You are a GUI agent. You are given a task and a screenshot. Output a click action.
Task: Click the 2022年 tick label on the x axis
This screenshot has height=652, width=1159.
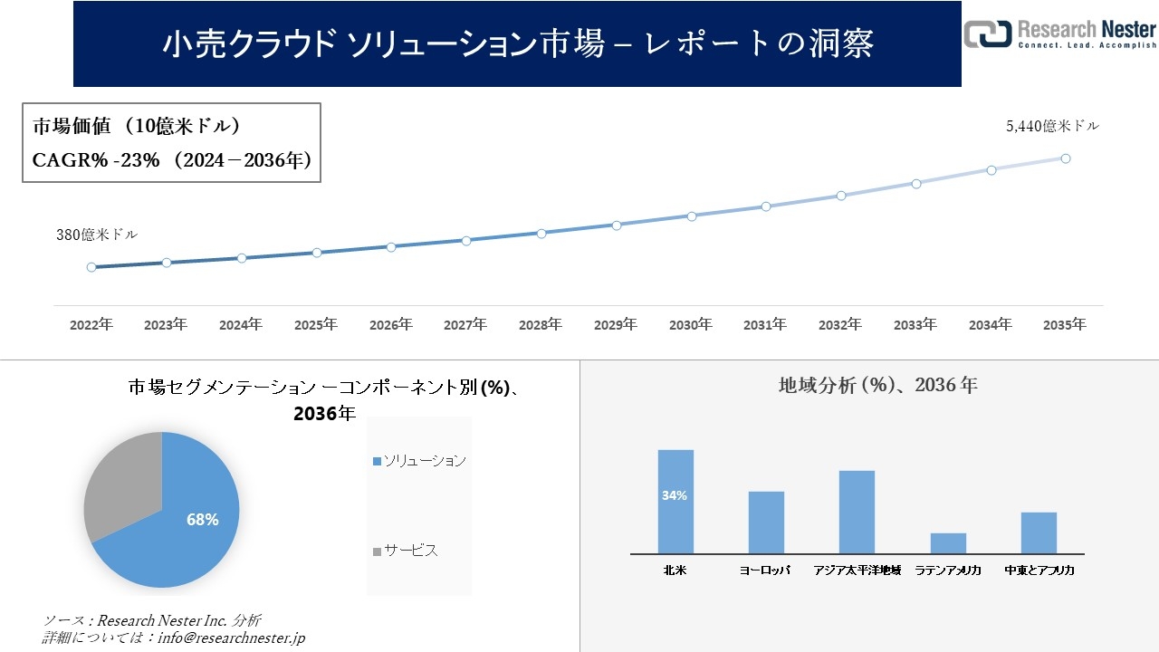coord(91,324)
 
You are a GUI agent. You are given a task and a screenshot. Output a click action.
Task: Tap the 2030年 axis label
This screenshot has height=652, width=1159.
coord(691,324)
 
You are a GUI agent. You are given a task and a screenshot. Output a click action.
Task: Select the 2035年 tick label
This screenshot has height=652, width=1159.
coord(1065,324)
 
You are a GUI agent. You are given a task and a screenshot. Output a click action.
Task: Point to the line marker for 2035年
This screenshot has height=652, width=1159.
coord(1066,158)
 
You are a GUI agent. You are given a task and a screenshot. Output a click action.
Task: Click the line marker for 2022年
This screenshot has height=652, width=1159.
coord(91,267)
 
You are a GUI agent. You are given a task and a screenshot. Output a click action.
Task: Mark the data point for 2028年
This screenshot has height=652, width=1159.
coord(541,233)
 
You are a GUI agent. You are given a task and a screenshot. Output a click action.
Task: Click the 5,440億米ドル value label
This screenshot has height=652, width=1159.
coord(1052,127)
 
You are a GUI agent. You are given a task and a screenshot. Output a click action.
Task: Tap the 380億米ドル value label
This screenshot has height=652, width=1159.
coord(97,235)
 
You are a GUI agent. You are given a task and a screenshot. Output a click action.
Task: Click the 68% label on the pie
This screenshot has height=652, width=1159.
coord(202,520)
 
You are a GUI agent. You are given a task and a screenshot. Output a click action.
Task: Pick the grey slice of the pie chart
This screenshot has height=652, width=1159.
coord(122,484)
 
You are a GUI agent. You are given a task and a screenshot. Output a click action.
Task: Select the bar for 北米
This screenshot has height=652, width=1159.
coord(675,502)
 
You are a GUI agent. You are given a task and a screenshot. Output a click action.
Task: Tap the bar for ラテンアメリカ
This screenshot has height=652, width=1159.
coord(948,543)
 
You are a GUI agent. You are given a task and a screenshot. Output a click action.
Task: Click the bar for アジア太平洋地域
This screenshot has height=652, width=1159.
coord(857,512)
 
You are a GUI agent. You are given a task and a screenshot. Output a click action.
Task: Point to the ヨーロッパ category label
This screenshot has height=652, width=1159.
coord(765,570)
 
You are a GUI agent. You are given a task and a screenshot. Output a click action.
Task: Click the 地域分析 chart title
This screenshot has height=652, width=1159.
coord(877,385)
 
